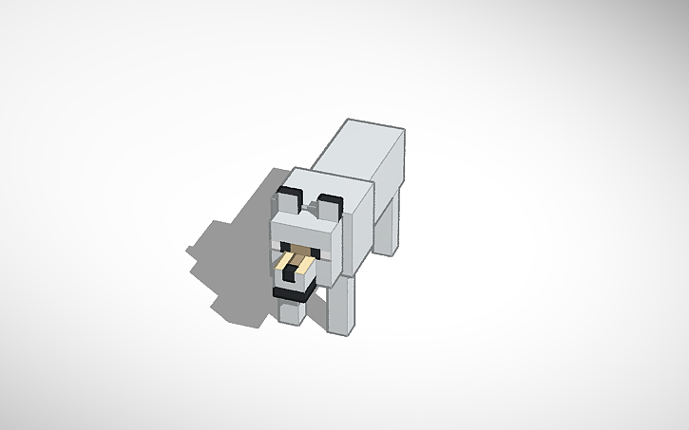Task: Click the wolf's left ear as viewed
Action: click(288, 203)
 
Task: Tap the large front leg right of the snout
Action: click(340, 303)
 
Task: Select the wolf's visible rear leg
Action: click(390, 224)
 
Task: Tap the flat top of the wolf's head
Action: click(314, 184)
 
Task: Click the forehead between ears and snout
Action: click(304, 233)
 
